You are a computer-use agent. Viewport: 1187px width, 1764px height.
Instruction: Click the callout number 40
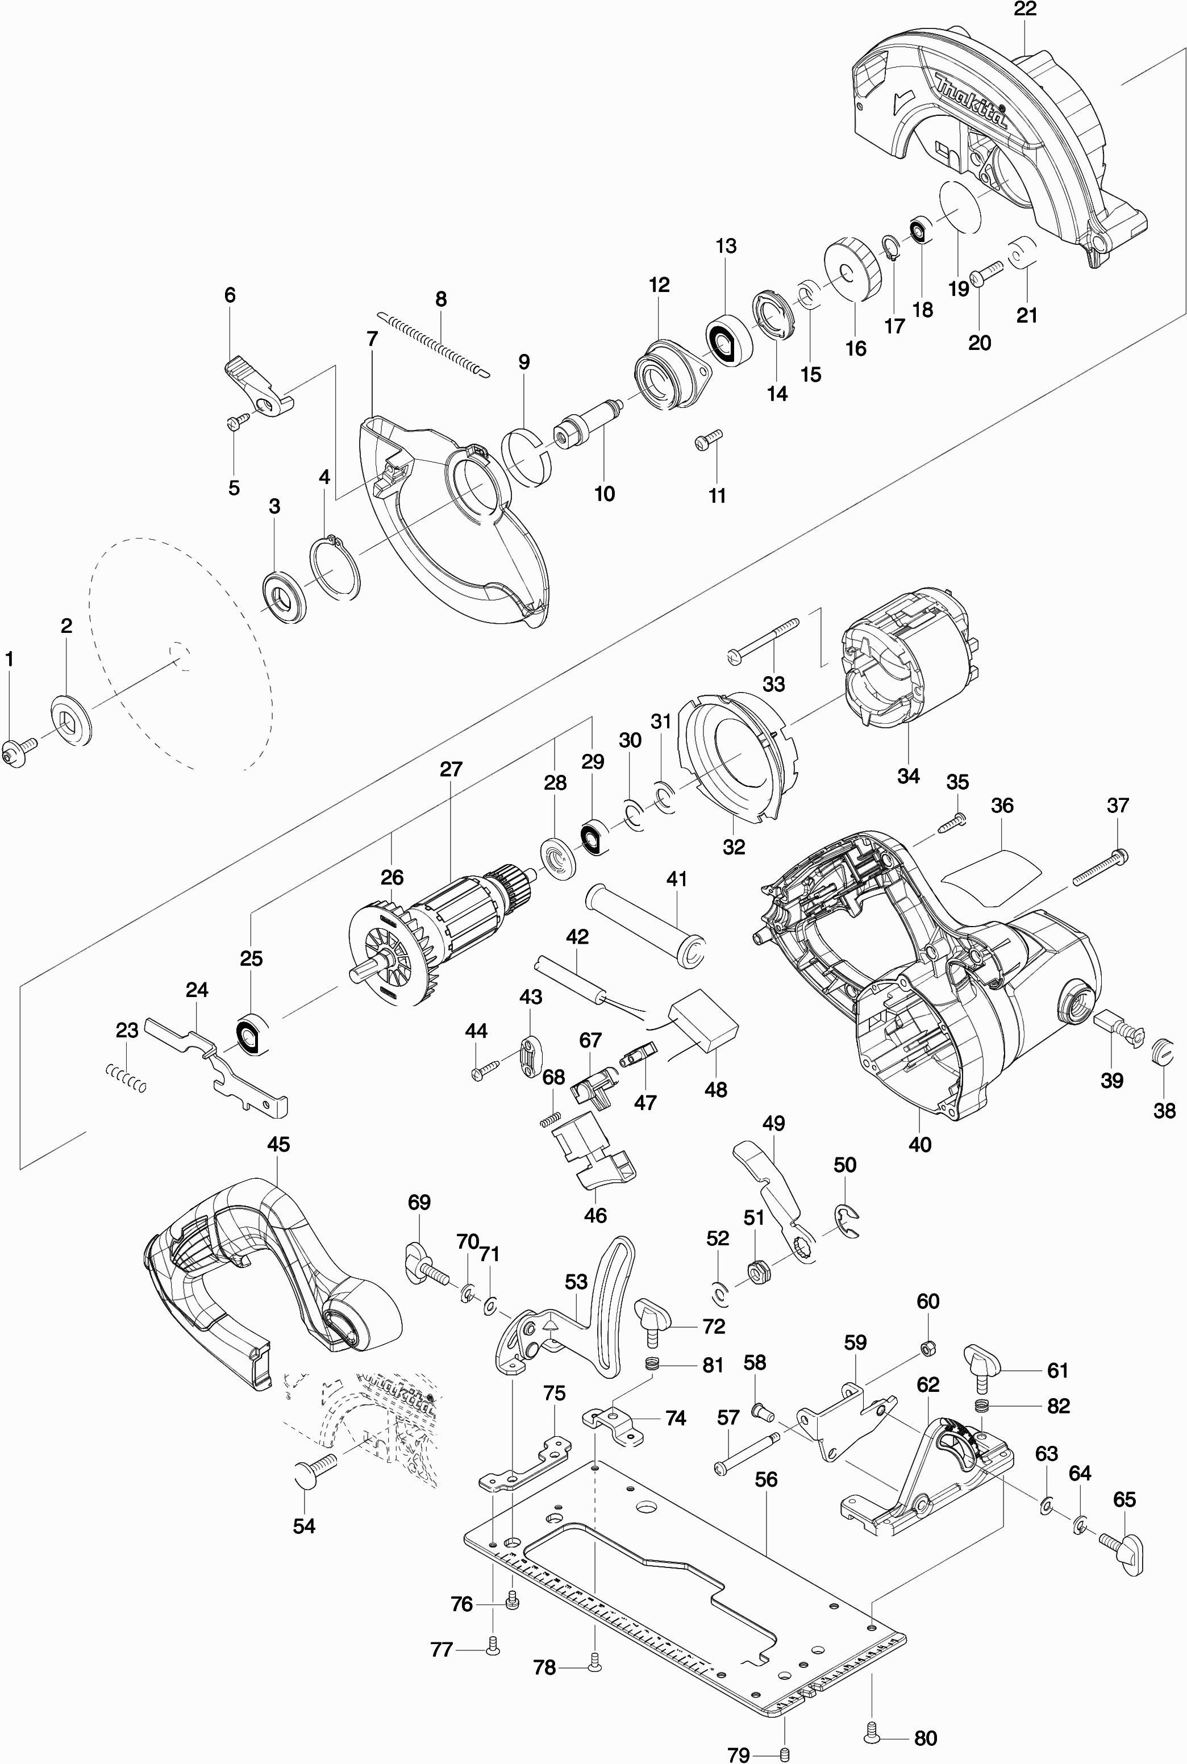[920, 1144]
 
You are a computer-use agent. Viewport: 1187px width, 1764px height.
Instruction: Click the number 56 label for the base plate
[766, 1479]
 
